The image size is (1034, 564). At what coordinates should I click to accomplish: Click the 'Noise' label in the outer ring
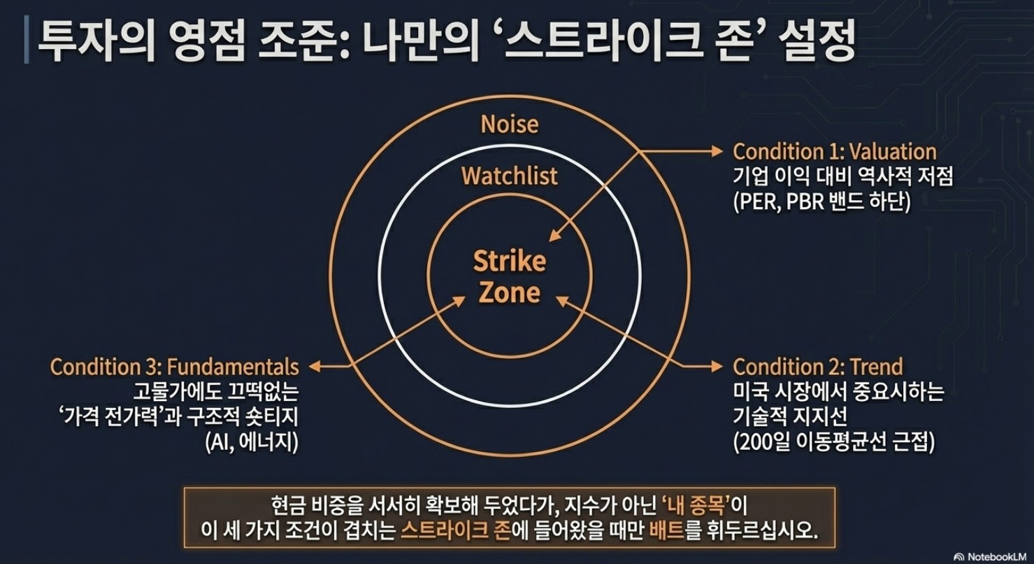(510, 125)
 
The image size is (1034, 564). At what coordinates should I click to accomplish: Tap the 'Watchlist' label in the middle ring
(510, 176)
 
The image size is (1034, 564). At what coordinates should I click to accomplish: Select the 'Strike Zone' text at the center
(510, 276)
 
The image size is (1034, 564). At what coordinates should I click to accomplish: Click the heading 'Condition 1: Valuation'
(835, 152)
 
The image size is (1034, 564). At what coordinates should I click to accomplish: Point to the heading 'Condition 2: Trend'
(817, 367)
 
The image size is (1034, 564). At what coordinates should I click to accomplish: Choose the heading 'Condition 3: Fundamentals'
(175, 367)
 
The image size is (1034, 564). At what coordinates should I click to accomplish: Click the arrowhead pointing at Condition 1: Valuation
(717, 151)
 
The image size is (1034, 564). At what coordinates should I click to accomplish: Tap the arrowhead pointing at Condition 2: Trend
(717, 367)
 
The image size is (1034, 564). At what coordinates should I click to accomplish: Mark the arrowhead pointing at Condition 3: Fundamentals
(315, 367)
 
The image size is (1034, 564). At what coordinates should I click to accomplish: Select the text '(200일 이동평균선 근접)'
(833, 442)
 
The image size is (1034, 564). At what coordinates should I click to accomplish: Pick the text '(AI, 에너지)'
(252, 442)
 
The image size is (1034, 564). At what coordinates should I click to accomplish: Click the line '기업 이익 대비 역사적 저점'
(843, 176)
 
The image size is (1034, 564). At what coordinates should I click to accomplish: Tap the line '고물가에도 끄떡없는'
(216, 392)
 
